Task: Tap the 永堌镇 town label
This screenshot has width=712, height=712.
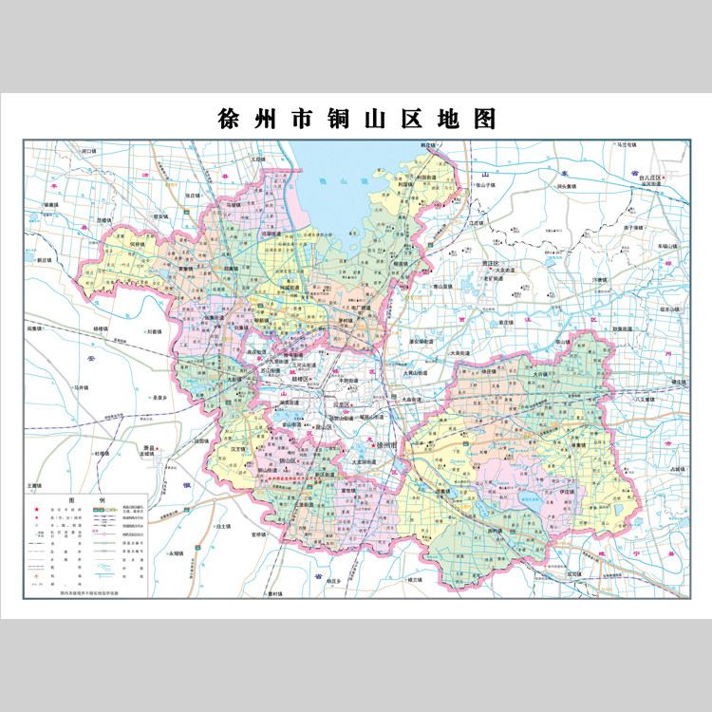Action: (x=176, y=553)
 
